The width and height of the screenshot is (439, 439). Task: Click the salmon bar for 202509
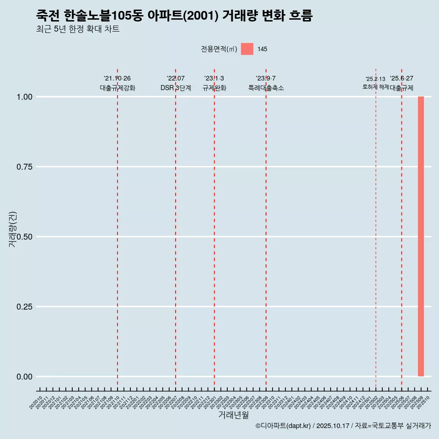(x=421, y=236)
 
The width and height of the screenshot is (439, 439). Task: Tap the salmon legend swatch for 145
(x=247, y=49)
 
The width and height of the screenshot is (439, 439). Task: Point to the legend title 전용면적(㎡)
(x=219, y=49)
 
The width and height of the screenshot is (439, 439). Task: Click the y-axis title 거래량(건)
(x=13, y=229)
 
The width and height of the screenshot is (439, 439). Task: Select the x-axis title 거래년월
(x=233, y=415)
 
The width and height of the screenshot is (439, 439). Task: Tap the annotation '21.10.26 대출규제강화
(x=118, y=83)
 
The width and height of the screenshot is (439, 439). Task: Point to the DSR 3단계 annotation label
(x=176, y=88)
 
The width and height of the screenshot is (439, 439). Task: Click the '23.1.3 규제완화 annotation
(x=214, y=83)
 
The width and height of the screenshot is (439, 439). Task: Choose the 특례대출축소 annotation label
(x=266, y=88)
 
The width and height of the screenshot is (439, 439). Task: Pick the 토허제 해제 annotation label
(x=375, y=86)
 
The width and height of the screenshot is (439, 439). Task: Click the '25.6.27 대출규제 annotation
(x=402, y=83)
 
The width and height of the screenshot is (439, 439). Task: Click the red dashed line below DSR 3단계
(x=176, y=229)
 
